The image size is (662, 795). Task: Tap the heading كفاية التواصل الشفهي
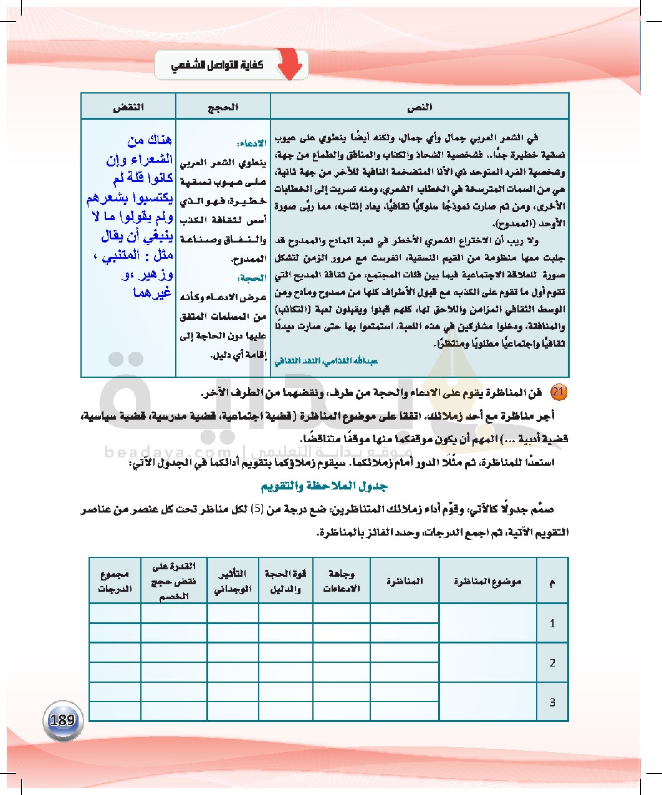click(x=217, y=65)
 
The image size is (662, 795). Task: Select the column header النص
click(x=420, y=107)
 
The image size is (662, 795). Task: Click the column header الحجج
click(x=223, y=107)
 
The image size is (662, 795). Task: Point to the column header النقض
click(x=128, y=107)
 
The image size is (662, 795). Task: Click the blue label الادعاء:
click(x=252, y=143)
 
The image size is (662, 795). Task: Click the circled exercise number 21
click(x=559, y=392)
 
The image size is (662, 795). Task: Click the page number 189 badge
click(x=62, y=721)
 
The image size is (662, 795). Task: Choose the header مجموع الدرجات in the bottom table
click(x=115, y=581)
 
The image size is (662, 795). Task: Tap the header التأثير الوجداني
click(x=233, y=581)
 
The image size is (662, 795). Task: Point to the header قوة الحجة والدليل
click(x=285, y=581)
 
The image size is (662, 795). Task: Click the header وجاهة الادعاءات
click(x=341, y=581)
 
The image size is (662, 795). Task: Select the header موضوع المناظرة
click(x=487, y=581)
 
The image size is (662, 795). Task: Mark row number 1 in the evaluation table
click(x=552, y=623)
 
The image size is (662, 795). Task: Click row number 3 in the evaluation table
click(x=552, y=702)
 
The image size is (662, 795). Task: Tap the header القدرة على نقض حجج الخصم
click(x=173, y=581)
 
